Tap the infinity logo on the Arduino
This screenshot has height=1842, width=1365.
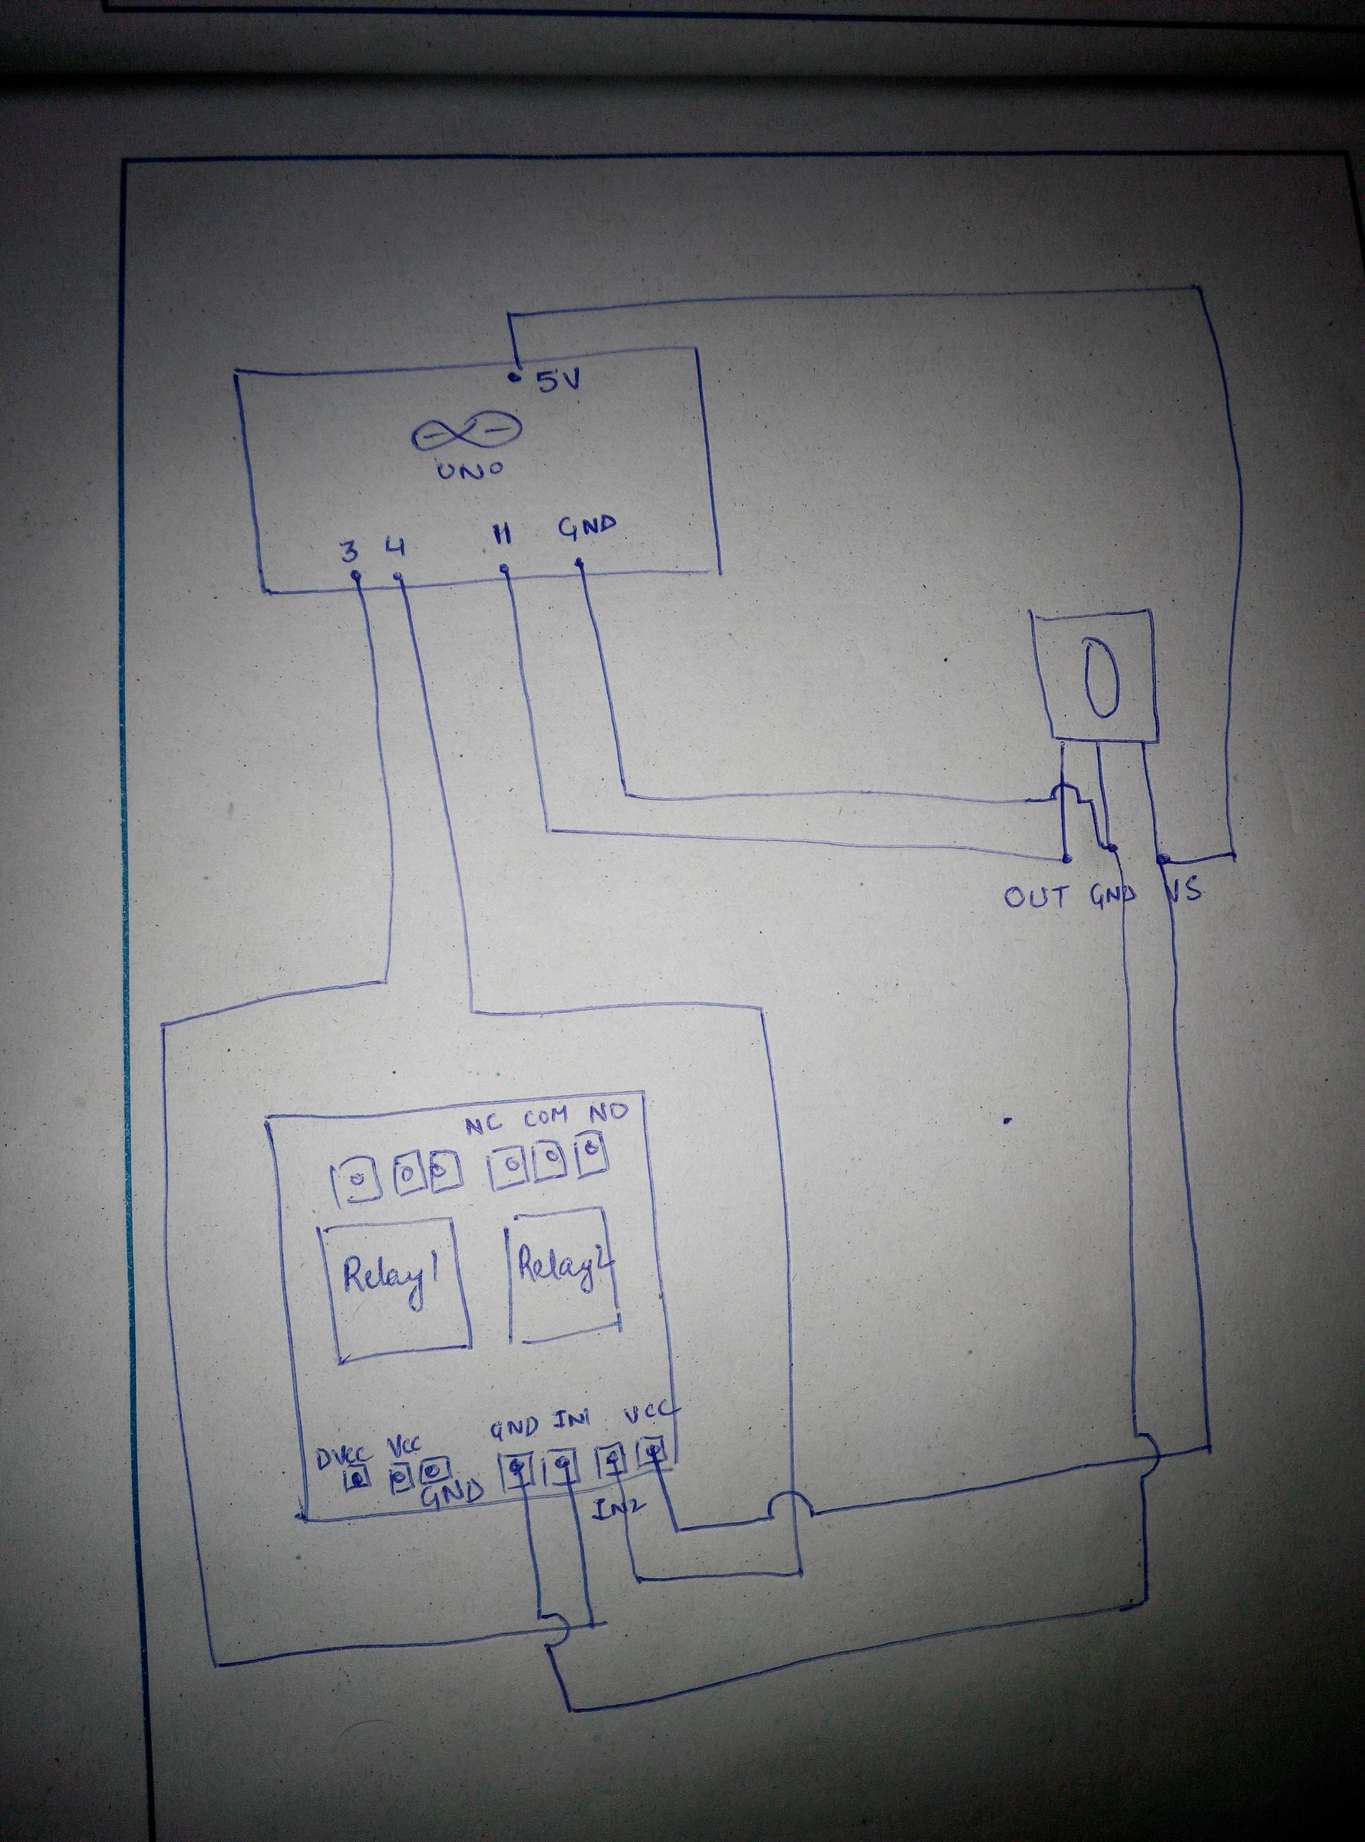(467, 432)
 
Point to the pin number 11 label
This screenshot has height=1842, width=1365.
(503, 536)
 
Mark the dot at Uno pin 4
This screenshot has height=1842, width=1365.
(399, 577)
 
